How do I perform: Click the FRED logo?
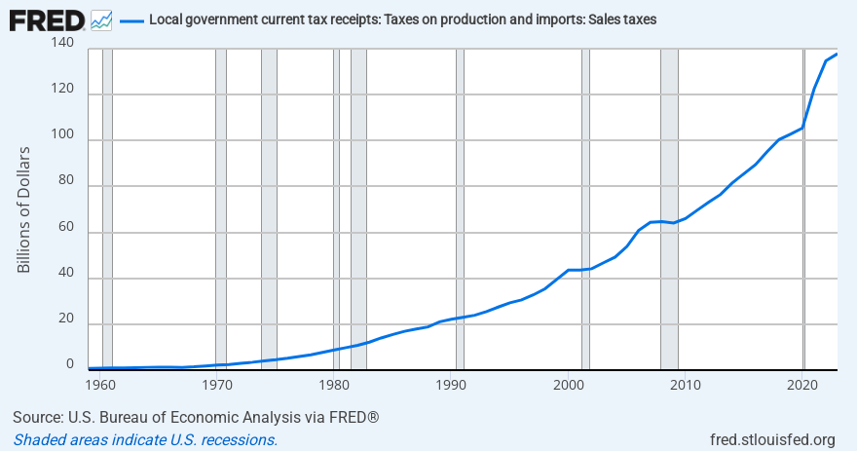point(47,19)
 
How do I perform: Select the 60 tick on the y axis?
point(64,227)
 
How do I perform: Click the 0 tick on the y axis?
point(69,363)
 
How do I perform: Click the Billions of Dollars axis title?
point(24,209)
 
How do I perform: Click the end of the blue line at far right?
point(837,54)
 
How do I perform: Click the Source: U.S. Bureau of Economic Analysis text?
point(196,418)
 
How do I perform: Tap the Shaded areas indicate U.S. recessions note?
point(145,439)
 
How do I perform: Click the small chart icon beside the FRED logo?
point(101,19)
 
